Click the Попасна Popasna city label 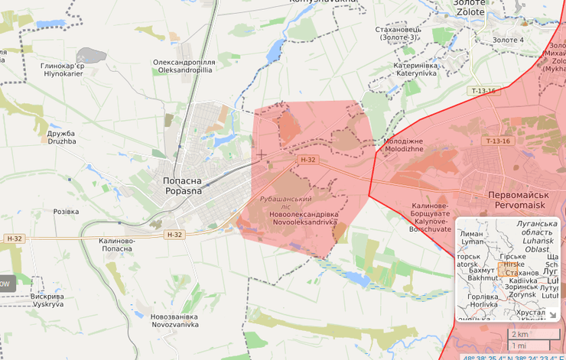[183, 185]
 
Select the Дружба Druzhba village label [62, 137]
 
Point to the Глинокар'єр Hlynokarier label [62, 70]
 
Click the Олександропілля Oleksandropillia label [184, 65]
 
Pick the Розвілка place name [66, 212]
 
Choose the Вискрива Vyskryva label [47, 300]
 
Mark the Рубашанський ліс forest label [285, 203]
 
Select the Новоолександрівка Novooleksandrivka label [304, 218]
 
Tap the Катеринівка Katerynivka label [425, 70]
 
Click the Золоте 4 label [508, 40]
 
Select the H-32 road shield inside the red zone [307, 160]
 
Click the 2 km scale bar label [519, 334]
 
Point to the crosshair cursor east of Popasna [262, 155]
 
